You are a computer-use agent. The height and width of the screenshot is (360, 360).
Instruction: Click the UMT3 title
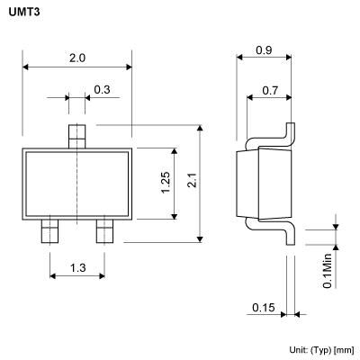click(x=24, y=11)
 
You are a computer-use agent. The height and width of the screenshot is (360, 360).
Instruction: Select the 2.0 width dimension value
click(x=76, y=58)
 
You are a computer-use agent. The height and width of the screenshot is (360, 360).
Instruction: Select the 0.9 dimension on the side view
click(x=265, y=50)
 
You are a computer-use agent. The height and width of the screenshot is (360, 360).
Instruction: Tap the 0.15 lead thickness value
click(x=263, y=308)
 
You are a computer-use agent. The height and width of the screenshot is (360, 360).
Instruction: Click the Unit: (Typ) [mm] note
click(x=320, y=349)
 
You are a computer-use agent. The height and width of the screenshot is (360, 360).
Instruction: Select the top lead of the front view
click(x=76, y=136)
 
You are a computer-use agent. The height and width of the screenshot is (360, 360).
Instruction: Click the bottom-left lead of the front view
click(x=49, y=233)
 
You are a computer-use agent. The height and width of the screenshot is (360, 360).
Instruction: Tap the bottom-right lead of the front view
click(x=104, y=233)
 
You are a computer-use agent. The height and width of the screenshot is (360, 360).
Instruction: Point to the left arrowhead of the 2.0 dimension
click(x=26, y=67)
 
